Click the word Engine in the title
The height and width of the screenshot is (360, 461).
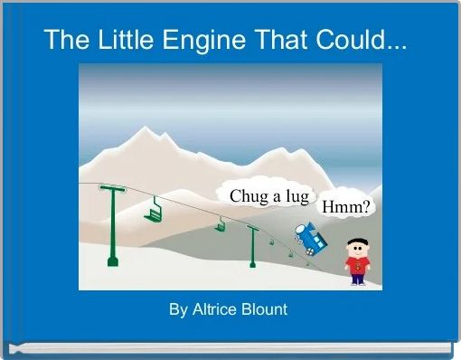tap(198, 41)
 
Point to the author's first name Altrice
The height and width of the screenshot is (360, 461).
tap(214, 309)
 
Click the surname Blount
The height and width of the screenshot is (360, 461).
tap(264, 309)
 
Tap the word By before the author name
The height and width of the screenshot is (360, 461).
tap(178, 309)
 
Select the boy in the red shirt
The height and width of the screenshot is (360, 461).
tap(358, 261)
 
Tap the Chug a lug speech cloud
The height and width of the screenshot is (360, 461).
tap(268, 196)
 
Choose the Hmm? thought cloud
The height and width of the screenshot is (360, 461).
tap(346, 207)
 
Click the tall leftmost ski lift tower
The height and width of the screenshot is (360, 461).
tap(113, 226)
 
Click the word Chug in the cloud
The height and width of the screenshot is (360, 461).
tap(247, 196)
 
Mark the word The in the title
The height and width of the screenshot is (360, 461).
tap(64, 41)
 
